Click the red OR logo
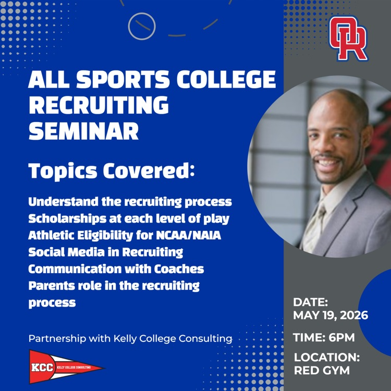(348, 39)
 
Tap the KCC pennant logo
(66, 367)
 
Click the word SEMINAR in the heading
(83, 131)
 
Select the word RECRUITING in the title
(99, 105)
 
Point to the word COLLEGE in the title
(226, 79)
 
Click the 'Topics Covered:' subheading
(111, 171)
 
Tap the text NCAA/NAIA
(189, 235)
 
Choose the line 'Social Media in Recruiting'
(106, 252)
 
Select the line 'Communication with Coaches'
(116, 269)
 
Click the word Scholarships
(67, 219)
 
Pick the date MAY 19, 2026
(331, 315)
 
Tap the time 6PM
(341, 338)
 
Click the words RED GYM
(322, 370)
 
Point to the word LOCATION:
(327, 357)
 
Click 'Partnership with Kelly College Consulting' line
(130, 339)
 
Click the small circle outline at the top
(142, 26)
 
